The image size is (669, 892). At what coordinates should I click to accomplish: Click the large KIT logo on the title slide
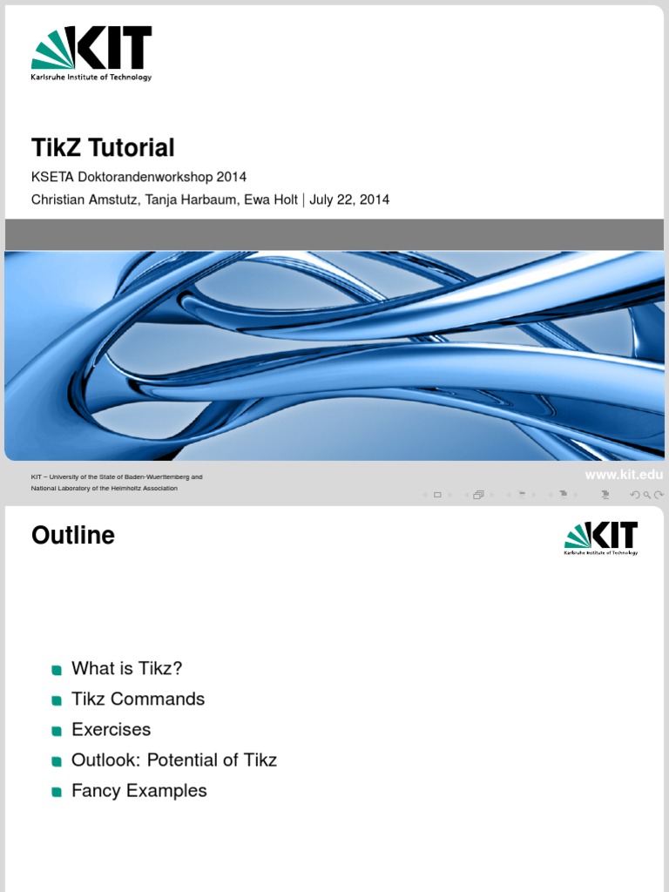point(91,52)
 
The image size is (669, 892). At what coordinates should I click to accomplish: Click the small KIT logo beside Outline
point(601,538)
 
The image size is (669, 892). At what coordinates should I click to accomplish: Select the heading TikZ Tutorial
point(103,147)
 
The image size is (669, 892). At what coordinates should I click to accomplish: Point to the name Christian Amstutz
point(84,199)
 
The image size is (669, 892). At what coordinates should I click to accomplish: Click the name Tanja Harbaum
point(193,199)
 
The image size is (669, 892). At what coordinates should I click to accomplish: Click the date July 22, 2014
point(349,199)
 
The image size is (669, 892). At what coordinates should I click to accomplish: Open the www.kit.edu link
point(624,475)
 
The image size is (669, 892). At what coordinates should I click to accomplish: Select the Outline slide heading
point(73,535)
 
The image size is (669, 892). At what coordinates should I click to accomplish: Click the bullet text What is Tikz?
point(127,668)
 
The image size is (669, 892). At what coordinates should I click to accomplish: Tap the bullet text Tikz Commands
point(138,699)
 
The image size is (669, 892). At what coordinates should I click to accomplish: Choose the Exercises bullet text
point(111,729)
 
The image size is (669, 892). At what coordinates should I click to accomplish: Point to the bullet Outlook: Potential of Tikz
point(174,760)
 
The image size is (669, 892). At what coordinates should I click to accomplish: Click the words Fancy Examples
point(139,791)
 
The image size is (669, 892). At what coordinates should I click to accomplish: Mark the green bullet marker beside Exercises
point(57,730)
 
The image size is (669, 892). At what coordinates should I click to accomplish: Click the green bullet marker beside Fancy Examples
point(57,792)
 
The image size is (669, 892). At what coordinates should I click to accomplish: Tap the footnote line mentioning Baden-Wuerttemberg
point(117,477)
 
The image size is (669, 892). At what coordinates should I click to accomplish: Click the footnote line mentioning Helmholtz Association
point(105,489)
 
